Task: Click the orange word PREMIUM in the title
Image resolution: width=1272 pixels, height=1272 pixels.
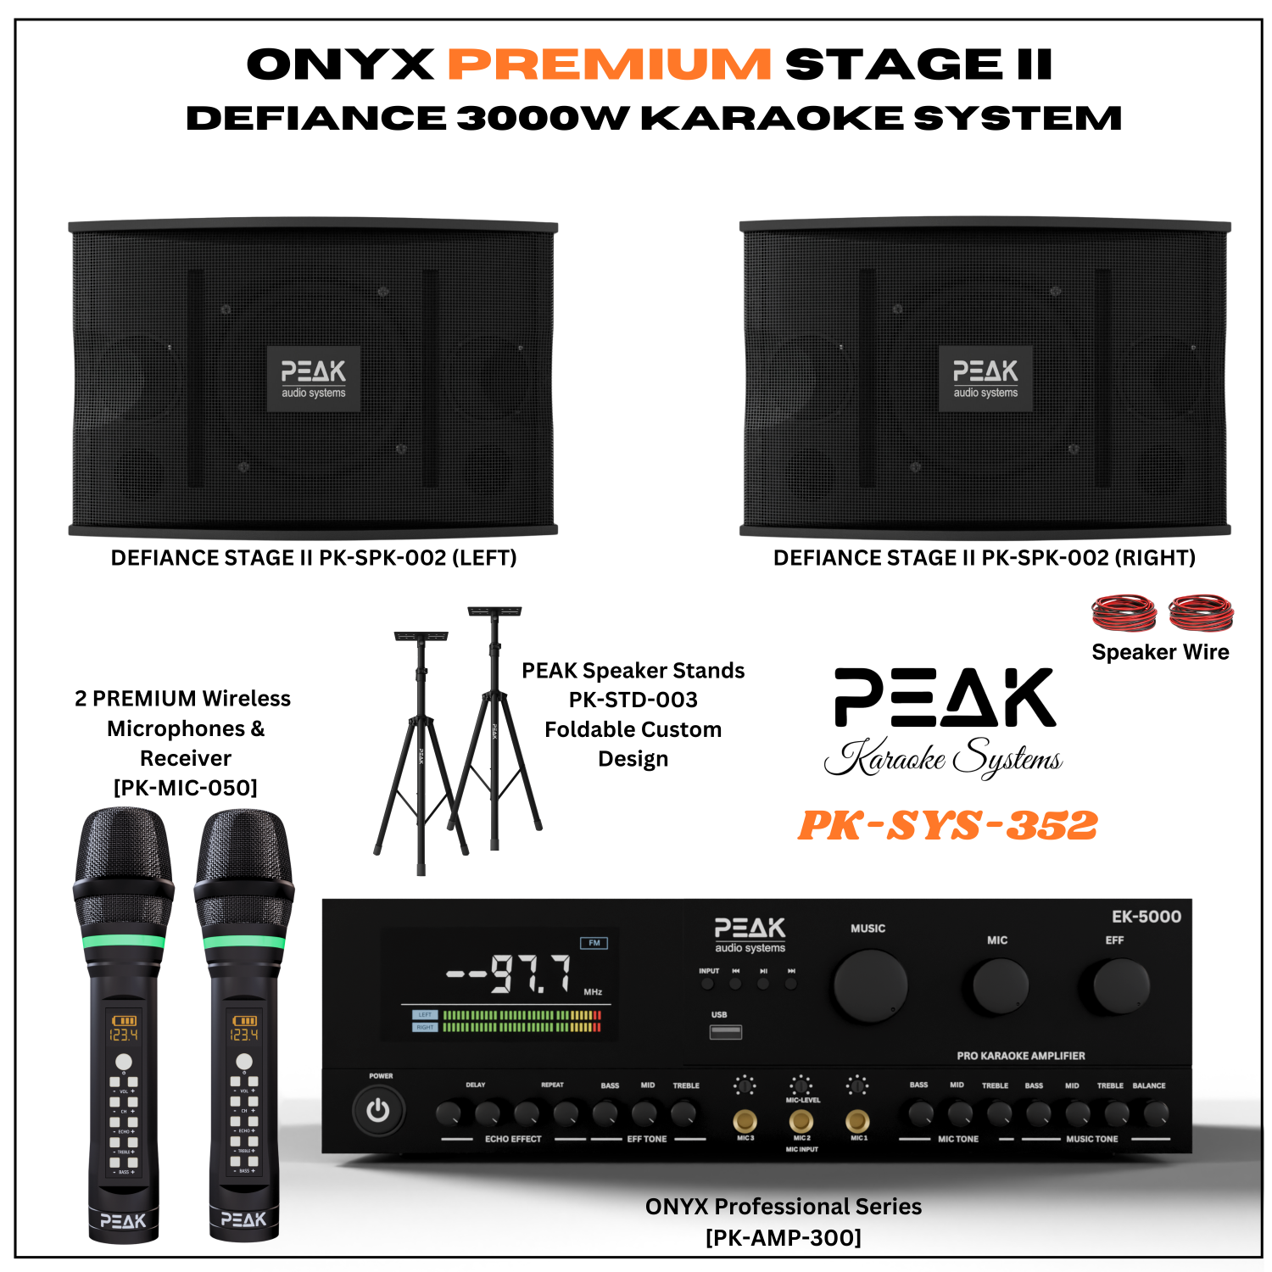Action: pyautogui.click(x=609, y=65)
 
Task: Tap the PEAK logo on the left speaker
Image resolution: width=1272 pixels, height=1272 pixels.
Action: pyautogui.click(x=314, y=378)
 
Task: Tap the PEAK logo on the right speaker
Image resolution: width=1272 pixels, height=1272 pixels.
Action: pyautogui.click(x=985, y=378)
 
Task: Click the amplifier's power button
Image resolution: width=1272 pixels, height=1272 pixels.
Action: pyautogui.click(x=378, y=1110)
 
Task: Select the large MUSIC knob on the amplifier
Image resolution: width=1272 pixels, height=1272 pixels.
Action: pyautogui.click(x=869, y=986)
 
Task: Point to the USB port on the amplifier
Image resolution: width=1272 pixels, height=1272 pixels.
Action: pyautogui.click(x=725, y=1031)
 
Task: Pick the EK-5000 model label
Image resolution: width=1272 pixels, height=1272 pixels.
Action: pyautogui.click(x=1146, y=917)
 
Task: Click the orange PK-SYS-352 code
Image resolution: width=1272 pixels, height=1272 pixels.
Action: pyautogui.click(x=948, y=825)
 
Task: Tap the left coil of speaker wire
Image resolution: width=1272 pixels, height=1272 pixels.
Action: pyautogui.click(x=1123, y=612)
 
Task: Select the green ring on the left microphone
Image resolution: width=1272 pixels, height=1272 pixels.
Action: pyautogui.click(x=124, y=940)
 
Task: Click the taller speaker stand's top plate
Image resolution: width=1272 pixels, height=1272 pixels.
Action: pyautogui.click(x=494, y=611)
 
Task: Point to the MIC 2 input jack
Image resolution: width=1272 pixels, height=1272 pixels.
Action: pyautogui.click(x=801, y=1121)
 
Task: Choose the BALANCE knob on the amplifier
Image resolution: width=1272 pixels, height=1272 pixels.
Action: pyautogui.click(x=1155, y=1113)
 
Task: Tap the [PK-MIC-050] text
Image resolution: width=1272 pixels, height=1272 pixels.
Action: pyautogui.click(x=186, y=788)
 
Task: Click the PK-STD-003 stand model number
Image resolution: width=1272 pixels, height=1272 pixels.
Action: pyautogui.click(x=633, y=700)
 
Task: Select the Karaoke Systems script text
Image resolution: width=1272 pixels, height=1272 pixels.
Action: pyautogui.click(x=944, y=757)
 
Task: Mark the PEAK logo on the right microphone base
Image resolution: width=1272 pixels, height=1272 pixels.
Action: pyautogui.click(x=244, y=1219)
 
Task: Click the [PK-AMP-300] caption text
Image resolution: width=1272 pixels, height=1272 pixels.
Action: pyautogui.click(x=784, y=1237)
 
